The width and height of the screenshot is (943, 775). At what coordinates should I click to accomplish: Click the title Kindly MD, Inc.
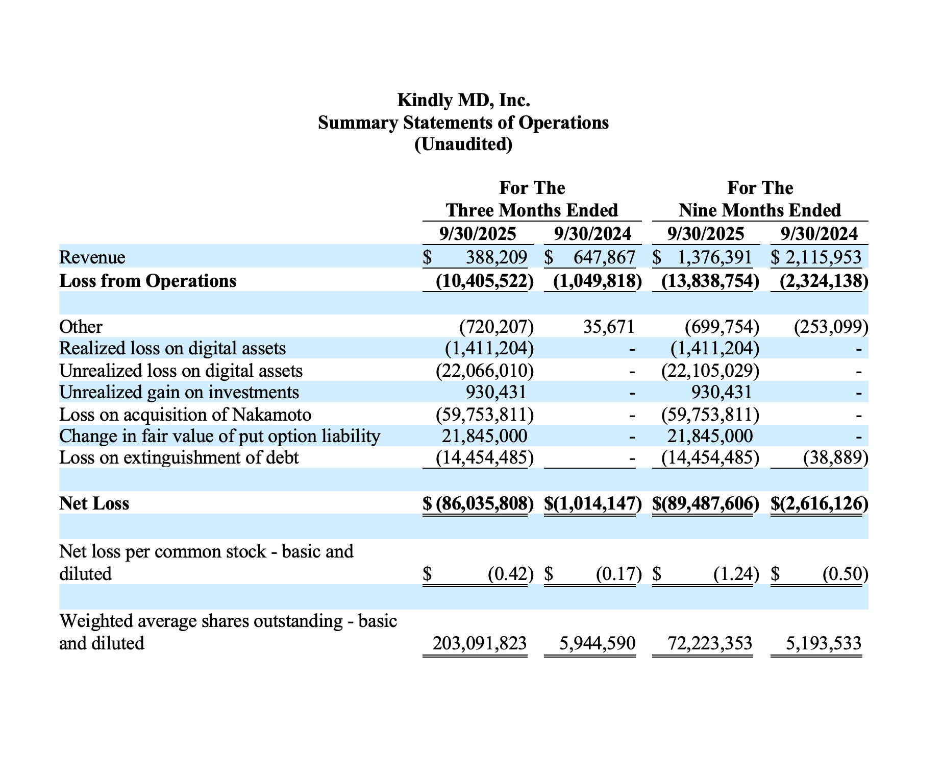[x=463, y=100]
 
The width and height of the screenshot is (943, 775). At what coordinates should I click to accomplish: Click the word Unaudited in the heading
[x=463, y=144]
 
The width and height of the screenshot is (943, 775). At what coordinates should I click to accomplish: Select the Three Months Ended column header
[x=532, y=210]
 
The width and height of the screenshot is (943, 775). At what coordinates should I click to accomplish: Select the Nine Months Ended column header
[x=760, y=210]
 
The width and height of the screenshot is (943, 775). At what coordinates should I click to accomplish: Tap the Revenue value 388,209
[x=496, y=257]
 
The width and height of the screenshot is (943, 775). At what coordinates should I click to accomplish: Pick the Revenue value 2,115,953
[x=823, y=257]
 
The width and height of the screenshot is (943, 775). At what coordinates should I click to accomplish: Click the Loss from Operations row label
[x=148, y=281]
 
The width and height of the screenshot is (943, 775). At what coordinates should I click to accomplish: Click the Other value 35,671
[x=608, y=327]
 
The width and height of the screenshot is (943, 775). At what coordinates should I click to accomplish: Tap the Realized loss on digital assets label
[x=172, y=348]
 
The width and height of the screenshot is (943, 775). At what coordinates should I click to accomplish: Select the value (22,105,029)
[x=710, y=371]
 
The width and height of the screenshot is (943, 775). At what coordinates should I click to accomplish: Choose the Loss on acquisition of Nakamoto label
[x=185, y=415]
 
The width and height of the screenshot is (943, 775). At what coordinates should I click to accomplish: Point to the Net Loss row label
[x=94, y=503]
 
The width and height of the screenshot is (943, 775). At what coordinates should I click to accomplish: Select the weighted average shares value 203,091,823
[x=479, y=643]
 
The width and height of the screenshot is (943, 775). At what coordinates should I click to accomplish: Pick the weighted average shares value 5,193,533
[x=823, y=643]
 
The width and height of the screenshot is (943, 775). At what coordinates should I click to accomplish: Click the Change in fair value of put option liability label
[x=220, y=437]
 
